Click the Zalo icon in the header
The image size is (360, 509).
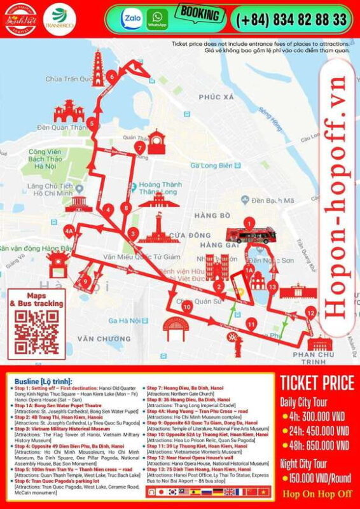pos(133,19)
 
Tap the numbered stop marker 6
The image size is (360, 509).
pos(112,78)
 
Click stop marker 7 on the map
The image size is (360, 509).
pos(139,148)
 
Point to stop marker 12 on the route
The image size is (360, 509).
pos(310,312)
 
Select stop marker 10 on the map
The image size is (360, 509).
pos(186,307)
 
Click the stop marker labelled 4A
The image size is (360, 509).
pos(69,231)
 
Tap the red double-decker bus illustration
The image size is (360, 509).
pos(251,234)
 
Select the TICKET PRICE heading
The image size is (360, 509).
pos(316,383)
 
